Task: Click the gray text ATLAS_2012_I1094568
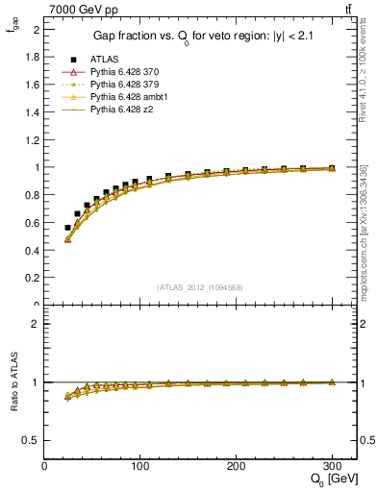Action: click(200, 286)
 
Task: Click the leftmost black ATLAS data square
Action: click(67, 228)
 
